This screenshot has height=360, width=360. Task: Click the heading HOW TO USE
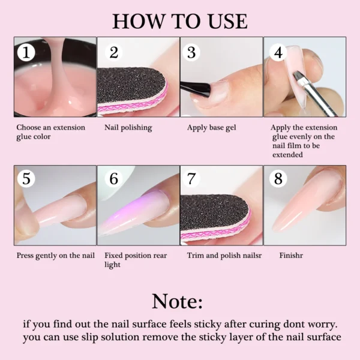(180, 21)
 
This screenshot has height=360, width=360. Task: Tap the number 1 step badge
(25, 52)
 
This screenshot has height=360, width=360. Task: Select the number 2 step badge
(113, 52)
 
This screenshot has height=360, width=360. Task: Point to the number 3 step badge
(191, 52)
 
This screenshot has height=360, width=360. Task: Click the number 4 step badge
(278, 52)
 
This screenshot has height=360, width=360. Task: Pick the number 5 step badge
(26, 178)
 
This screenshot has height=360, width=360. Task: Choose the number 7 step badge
(191, 178)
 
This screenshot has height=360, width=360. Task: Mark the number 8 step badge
(278, 178)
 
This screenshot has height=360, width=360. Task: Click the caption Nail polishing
(128, 127)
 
